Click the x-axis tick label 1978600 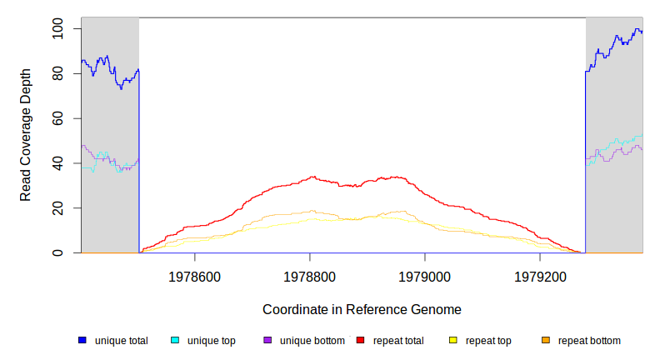pos(195,276)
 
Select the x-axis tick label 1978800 pos(310,276)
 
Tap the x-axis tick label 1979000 pos(425,276)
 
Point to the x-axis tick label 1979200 pos(540,276)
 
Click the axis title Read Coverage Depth pos(27,135)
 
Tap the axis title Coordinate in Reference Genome pos(362,309)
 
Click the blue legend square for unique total pos(82,341)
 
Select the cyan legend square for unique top pos(175,341)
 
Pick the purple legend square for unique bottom pos(267,341)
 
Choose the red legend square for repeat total pos(361,341)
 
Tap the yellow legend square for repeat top pos(453,341)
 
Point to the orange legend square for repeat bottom pos(546,341)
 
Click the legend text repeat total pos(398,341)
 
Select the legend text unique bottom pos(312,341)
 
